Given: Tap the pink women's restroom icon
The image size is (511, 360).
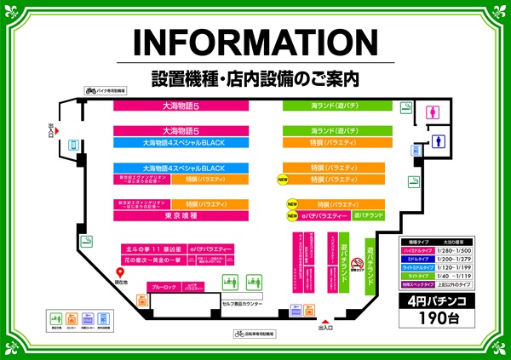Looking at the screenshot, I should [x=434, y=111].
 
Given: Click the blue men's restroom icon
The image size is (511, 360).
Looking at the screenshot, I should [x=440, y=141].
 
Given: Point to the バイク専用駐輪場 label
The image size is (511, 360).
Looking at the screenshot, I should [x=106, y=89].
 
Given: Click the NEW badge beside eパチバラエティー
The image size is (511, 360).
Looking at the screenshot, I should [x=291, y=217].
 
